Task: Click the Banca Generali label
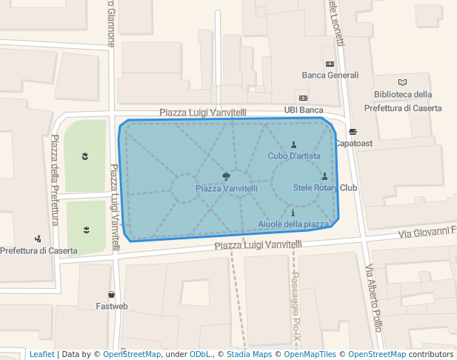[330, 76]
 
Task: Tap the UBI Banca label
[304, 110]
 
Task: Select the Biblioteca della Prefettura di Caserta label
[403, 100]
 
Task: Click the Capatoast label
[353, 143]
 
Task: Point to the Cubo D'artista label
[294, 156]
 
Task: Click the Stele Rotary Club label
[325, 187]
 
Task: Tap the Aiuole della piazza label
[293, 224]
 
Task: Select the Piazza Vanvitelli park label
[227, 189]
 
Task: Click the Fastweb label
[112, 306]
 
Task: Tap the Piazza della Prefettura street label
[55, 181]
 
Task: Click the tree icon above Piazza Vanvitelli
[227, 176]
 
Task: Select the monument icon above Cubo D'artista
[294, 144]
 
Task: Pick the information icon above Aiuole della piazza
[293, 213]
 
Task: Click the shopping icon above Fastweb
[111, 295]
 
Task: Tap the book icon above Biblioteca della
[402, 82]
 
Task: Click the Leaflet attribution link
[41, 354]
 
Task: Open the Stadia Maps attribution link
[249, 354]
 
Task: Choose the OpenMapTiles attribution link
[310, 354]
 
